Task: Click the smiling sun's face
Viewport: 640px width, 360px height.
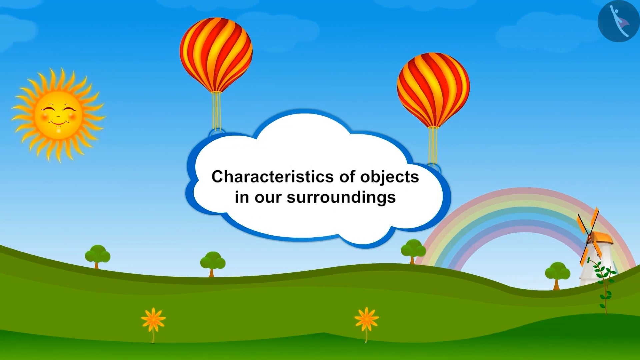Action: (x=59, y=115)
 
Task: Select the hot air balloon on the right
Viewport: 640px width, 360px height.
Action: (x=433, y=89)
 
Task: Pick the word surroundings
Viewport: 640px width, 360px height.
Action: (x=341, y=197)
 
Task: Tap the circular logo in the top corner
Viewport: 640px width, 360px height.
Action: (x=618, y=21)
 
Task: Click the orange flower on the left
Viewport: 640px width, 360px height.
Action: (x=153, y=319)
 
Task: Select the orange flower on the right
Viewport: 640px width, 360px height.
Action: (x=366, y=319)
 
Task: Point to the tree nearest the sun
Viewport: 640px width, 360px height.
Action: (x=97, y=255)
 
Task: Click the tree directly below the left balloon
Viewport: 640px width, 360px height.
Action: (x=213, y=262)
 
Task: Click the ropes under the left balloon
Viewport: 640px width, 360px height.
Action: (x=217, y=110)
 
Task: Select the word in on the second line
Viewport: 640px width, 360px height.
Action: (x=242, y=197)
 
